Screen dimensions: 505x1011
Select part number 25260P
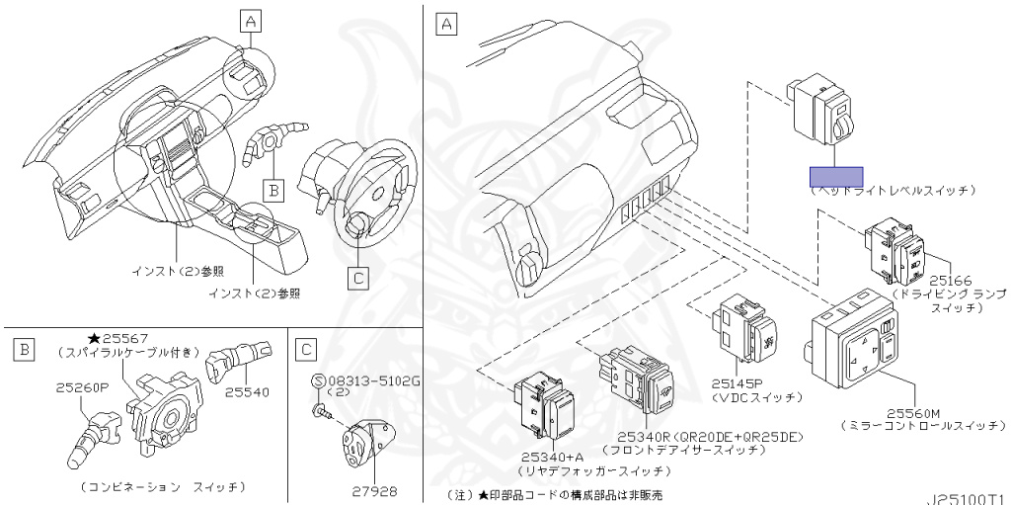pos(82,388)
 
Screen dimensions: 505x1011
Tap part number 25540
pos(246,392)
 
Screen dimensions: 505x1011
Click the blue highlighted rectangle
pos(835,178)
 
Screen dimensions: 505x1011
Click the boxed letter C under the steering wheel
pos(359,278)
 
